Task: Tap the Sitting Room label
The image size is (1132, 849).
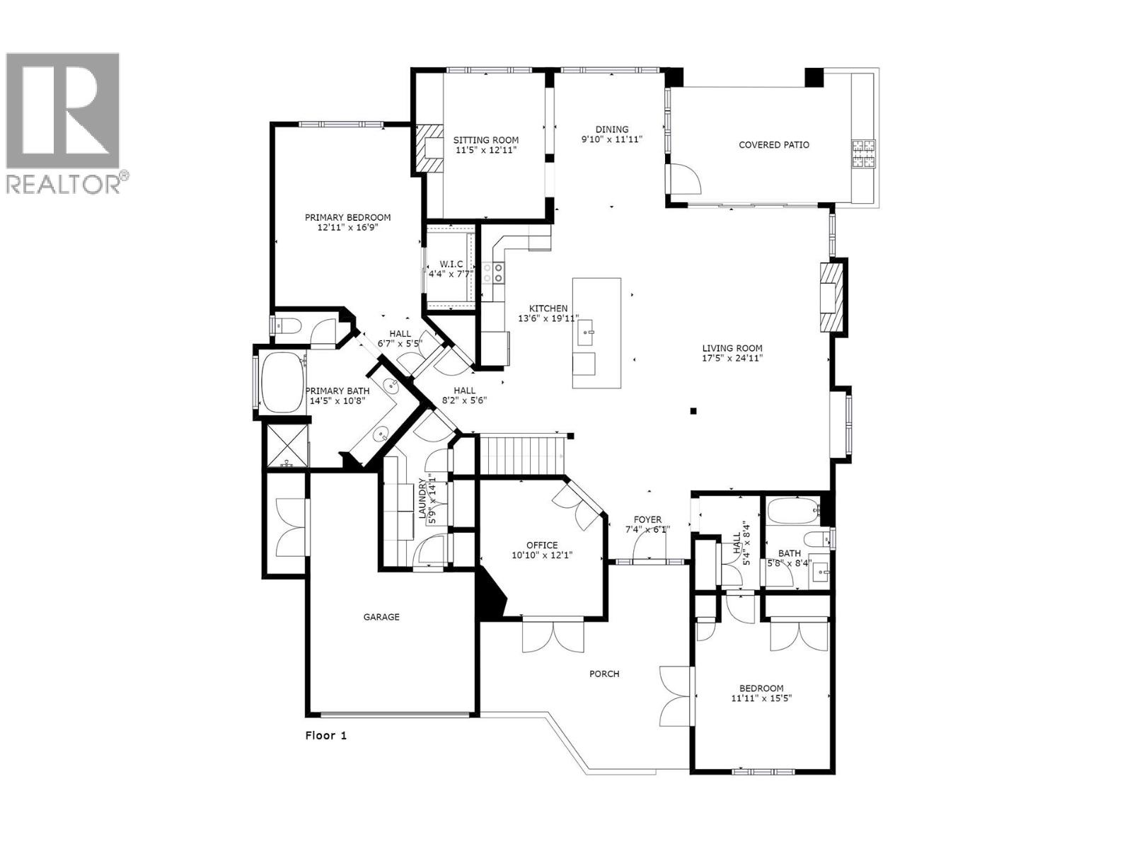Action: click(x=486, y=140)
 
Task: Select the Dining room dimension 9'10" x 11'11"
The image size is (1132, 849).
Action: click(x=611, y=139)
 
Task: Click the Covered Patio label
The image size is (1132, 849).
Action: click(x=774, y=145)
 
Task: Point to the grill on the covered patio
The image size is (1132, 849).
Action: click(x=863, y=154)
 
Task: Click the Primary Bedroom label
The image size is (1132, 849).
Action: click(x=347, y=217)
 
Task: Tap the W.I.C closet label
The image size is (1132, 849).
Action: click(x=451, y=264)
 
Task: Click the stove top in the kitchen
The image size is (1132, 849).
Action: click(x=494, y=272)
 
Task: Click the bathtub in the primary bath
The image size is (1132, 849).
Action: click(x=282, y=383)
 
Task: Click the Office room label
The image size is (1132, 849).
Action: click(x=542, y=545)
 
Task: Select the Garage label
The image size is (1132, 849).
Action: click(x=381, y=617)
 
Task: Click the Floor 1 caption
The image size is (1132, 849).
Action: click(x=326, y=735)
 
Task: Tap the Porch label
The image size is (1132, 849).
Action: click(x=604, y=674)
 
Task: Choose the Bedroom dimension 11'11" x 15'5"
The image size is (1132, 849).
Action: click(x=761, y=698)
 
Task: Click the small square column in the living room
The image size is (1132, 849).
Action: click(x=694, y=410)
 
